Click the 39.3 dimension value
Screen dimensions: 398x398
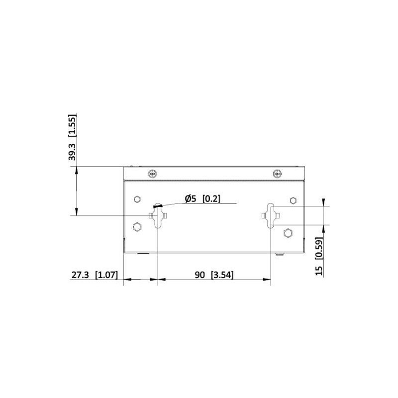click(72, 152)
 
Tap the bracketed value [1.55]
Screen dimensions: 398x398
click(72, 126)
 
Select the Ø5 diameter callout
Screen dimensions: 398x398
click(191, 199)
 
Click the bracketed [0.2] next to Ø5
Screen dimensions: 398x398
click(211, 199)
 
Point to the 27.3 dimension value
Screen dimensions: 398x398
click(80, 275)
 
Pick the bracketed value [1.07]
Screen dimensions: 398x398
click(106, 275)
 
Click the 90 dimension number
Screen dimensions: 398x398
click(200, 275)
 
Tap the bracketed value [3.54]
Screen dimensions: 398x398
click(222, 275)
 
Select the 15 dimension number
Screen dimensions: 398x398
click(319, 271)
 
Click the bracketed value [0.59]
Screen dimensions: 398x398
click(319, 248)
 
